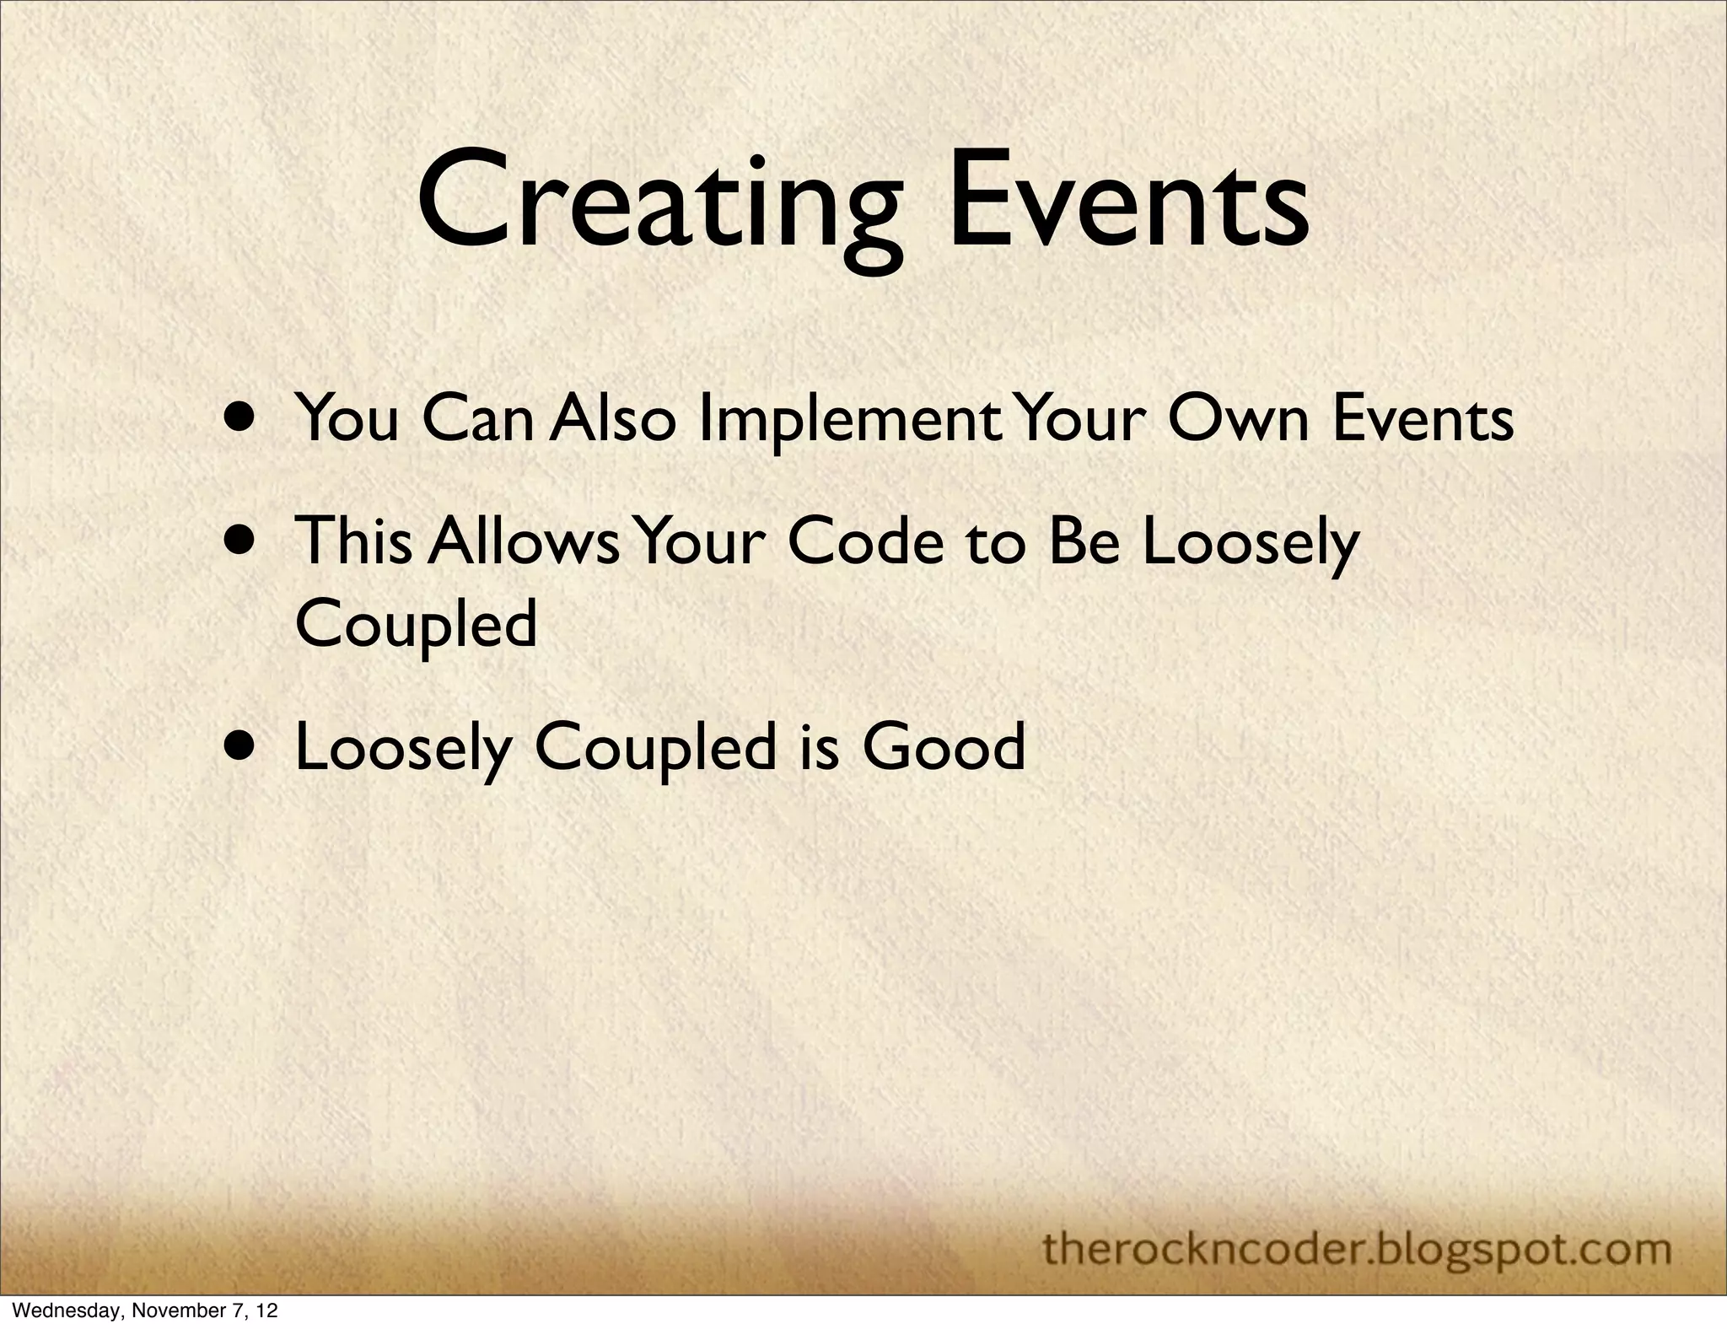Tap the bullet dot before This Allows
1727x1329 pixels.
(243, 539)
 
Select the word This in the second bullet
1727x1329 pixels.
(353, 541)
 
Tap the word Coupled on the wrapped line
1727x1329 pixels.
(416, 625)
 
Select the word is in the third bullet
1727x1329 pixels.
(818, 746)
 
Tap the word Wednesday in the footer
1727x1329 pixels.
(62, 1311)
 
